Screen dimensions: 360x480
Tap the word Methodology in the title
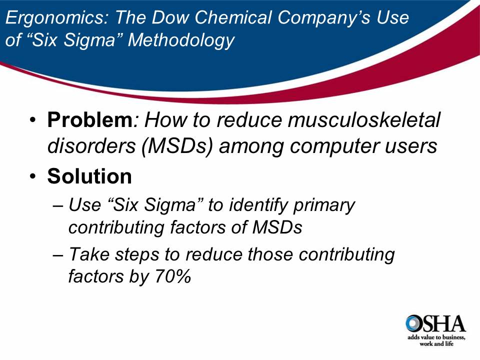[181, 40]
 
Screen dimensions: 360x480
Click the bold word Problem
[89, 120]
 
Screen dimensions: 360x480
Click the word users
[413, 145]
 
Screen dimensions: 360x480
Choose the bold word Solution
[89, 176]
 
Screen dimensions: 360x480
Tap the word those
[270, 254]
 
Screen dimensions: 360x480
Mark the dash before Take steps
[58, 255]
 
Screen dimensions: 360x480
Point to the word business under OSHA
[453, 338]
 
